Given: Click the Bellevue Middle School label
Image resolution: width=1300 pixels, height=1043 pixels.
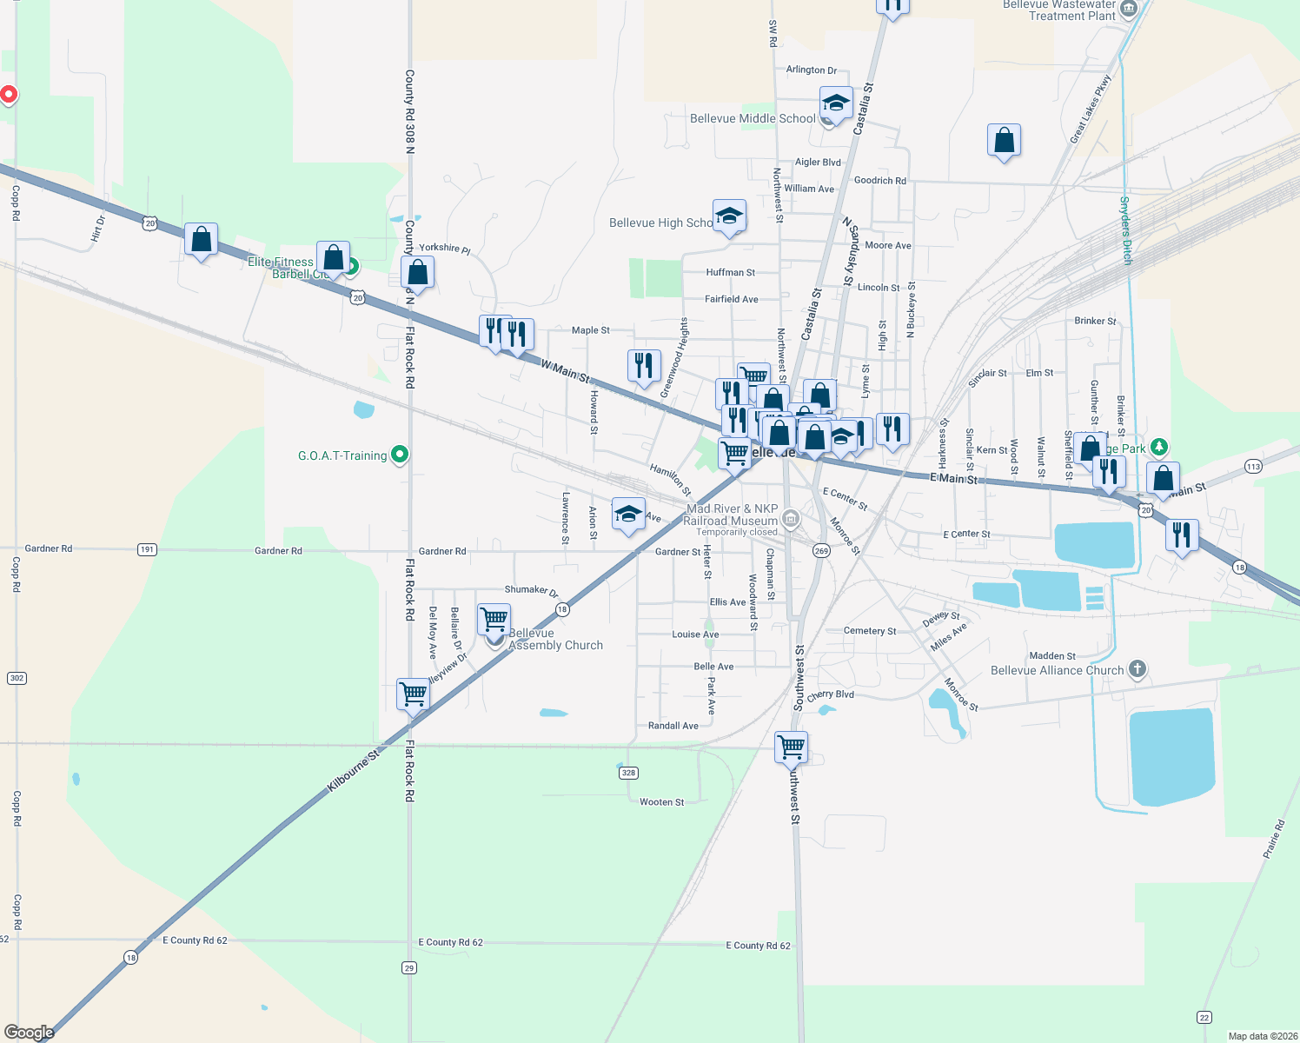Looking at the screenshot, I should coord(753,119).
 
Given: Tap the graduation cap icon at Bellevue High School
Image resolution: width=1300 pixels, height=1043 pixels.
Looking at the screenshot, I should coord(729,216).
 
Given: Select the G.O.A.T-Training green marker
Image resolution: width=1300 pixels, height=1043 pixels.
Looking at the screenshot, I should coord(400,454).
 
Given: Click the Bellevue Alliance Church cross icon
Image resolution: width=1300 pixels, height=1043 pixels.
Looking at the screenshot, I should coord(1137,669).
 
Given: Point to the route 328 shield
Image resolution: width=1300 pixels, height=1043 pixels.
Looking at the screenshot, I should coord(628,773).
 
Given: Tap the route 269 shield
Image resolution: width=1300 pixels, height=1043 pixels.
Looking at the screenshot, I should coord(821,550).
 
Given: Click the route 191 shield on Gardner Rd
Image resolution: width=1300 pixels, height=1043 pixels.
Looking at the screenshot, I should coord(147,549).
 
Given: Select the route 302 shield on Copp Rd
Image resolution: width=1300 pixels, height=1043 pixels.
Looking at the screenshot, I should coord(17,678).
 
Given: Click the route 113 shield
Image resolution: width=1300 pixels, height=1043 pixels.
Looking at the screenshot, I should coord(1253,467).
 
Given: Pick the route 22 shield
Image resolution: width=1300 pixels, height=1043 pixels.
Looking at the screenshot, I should coord(1204,1017).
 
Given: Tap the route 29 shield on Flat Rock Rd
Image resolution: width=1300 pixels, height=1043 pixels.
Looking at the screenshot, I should coord(409,967).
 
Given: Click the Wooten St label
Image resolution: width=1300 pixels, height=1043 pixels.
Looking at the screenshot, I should coord(661,802).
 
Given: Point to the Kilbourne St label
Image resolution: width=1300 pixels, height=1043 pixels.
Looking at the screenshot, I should coord(354,771).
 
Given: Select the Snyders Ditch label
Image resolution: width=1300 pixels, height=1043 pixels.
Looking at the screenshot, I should coord(1125,229).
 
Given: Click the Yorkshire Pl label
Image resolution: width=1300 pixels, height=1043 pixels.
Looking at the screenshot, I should coord(444,248).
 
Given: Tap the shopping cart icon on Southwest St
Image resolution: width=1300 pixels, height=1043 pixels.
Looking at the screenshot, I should coord(792,747).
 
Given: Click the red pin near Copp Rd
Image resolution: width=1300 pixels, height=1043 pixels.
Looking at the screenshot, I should coord(9,94).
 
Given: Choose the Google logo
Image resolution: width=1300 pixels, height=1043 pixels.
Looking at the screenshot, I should coord(29,1033).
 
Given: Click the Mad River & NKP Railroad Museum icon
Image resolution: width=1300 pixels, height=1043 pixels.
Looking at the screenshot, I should coord(790,520).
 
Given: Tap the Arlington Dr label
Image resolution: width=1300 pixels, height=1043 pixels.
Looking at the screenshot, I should coord(811,70).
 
